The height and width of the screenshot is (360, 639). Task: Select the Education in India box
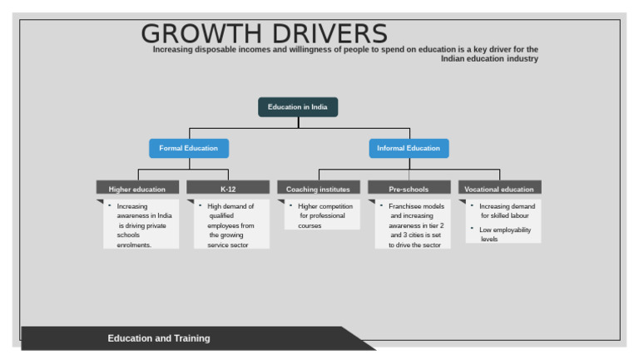click(x=298, y=107)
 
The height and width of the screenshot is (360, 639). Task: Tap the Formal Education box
click(x=189, y=149)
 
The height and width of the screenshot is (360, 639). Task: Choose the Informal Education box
click(x=409, y=149)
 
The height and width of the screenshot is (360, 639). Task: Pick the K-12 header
click(x=228, y=189)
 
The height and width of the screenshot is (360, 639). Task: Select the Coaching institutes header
click(x=319, y=189)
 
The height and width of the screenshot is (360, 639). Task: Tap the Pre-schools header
click(x=409, y=189)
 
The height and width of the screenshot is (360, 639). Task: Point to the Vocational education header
click(x=499, y=189)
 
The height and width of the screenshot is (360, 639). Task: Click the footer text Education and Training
click(x=159, y=338)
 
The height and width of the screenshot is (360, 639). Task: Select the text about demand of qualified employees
click(x=230, y=225)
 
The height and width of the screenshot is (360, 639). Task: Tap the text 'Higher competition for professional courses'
click(x=324, y=215)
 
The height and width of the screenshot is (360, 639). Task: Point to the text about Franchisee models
click(x=416, y=225)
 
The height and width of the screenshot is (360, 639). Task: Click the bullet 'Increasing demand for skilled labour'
click(x=507, y=210)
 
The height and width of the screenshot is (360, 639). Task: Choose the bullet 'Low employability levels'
click(x=504, y=234)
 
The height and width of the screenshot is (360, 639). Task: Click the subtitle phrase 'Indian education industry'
click(x=489, y=59)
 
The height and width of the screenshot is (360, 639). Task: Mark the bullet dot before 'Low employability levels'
click(x=473, y=229)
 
